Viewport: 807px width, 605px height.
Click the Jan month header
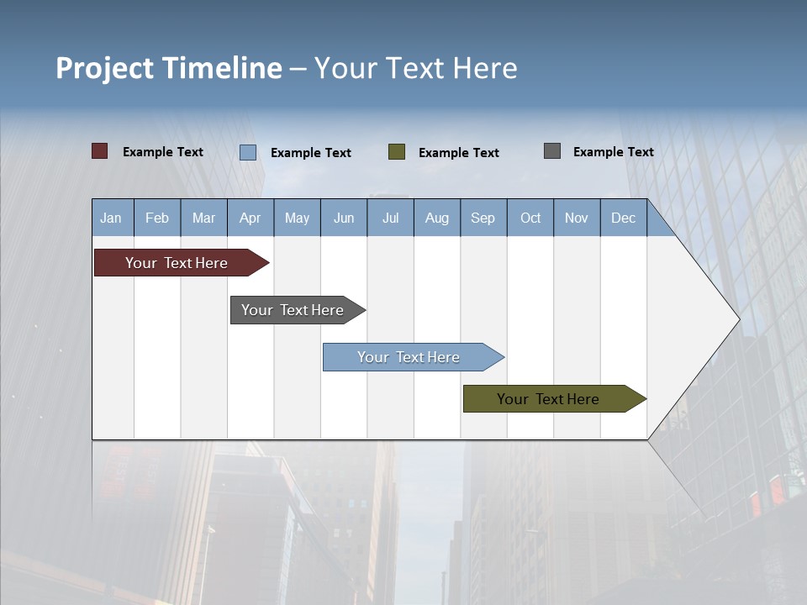point(111,218)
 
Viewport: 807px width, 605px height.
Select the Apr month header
point(251,218)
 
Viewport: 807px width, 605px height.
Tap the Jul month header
point(390,218)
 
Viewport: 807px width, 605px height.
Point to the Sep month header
point(483,218)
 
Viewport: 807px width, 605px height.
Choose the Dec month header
point(623,218)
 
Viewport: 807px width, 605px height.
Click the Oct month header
point(530,218)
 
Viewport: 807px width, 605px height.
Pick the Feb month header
point(157,218)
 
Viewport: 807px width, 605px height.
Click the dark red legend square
point(99,151)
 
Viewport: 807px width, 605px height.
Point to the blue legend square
point(248,152)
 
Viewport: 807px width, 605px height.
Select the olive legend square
point(397,152)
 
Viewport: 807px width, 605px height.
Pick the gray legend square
point(552,151)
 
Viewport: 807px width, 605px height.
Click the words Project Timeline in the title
point(168,68)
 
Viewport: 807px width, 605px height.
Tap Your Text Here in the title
point(416,68)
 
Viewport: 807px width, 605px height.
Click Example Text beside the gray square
point(613,152)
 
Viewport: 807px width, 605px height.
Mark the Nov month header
point(577,218)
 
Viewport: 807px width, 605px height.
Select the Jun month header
point(344,218)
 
